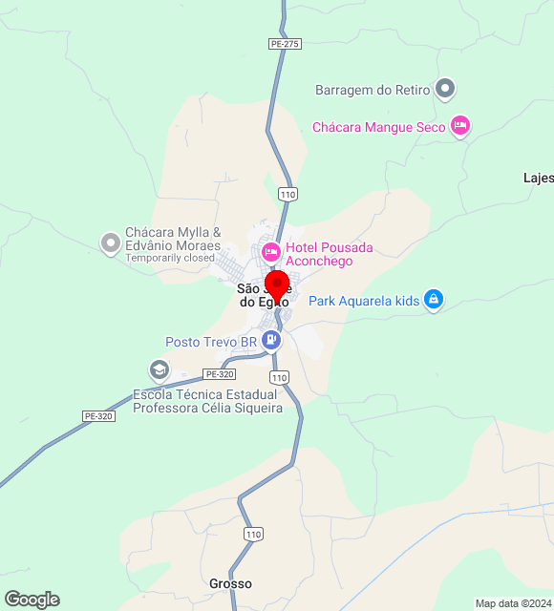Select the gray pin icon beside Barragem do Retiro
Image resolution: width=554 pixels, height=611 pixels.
click(x=444, y=90)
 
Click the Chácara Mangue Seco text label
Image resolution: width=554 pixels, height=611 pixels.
click(x=379, y=126)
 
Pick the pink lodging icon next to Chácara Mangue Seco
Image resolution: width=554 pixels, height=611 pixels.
click(x=460, y=125)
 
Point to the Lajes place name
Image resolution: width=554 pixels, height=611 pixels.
click(x=538, y=178)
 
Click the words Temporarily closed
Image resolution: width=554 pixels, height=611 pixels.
click(x=170, y=258)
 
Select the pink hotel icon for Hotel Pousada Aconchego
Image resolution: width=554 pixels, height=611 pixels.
click(x=270, y=251)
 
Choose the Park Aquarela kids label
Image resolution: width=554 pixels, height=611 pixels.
click(x=364, y=301)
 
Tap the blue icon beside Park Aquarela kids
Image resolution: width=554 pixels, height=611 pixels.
click(x=434, y=300)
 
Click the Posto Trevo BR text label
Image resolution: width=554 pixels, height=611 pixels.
click(x=211, y=341)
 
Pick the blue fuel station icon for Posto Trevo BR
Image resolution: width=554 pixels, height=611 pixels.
click(x=273, y=340)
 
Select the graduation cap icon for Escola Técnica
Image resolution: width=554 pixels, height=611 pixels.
click(x=159, y=369)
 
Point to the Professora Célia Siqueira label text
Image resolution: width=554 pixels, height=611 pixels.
click(x=207, y=409)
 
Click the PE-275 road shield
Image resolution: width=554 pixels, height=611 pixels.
click(x=285, y=44)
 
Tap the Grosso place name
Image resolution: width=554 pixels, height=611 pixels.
click(x=230, y=583)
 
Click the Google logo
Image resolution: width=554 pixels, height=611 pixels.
click(x=32, y=600)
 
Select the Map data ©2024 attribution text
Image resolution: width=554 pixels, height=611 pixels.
click(x=513, y=603)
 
